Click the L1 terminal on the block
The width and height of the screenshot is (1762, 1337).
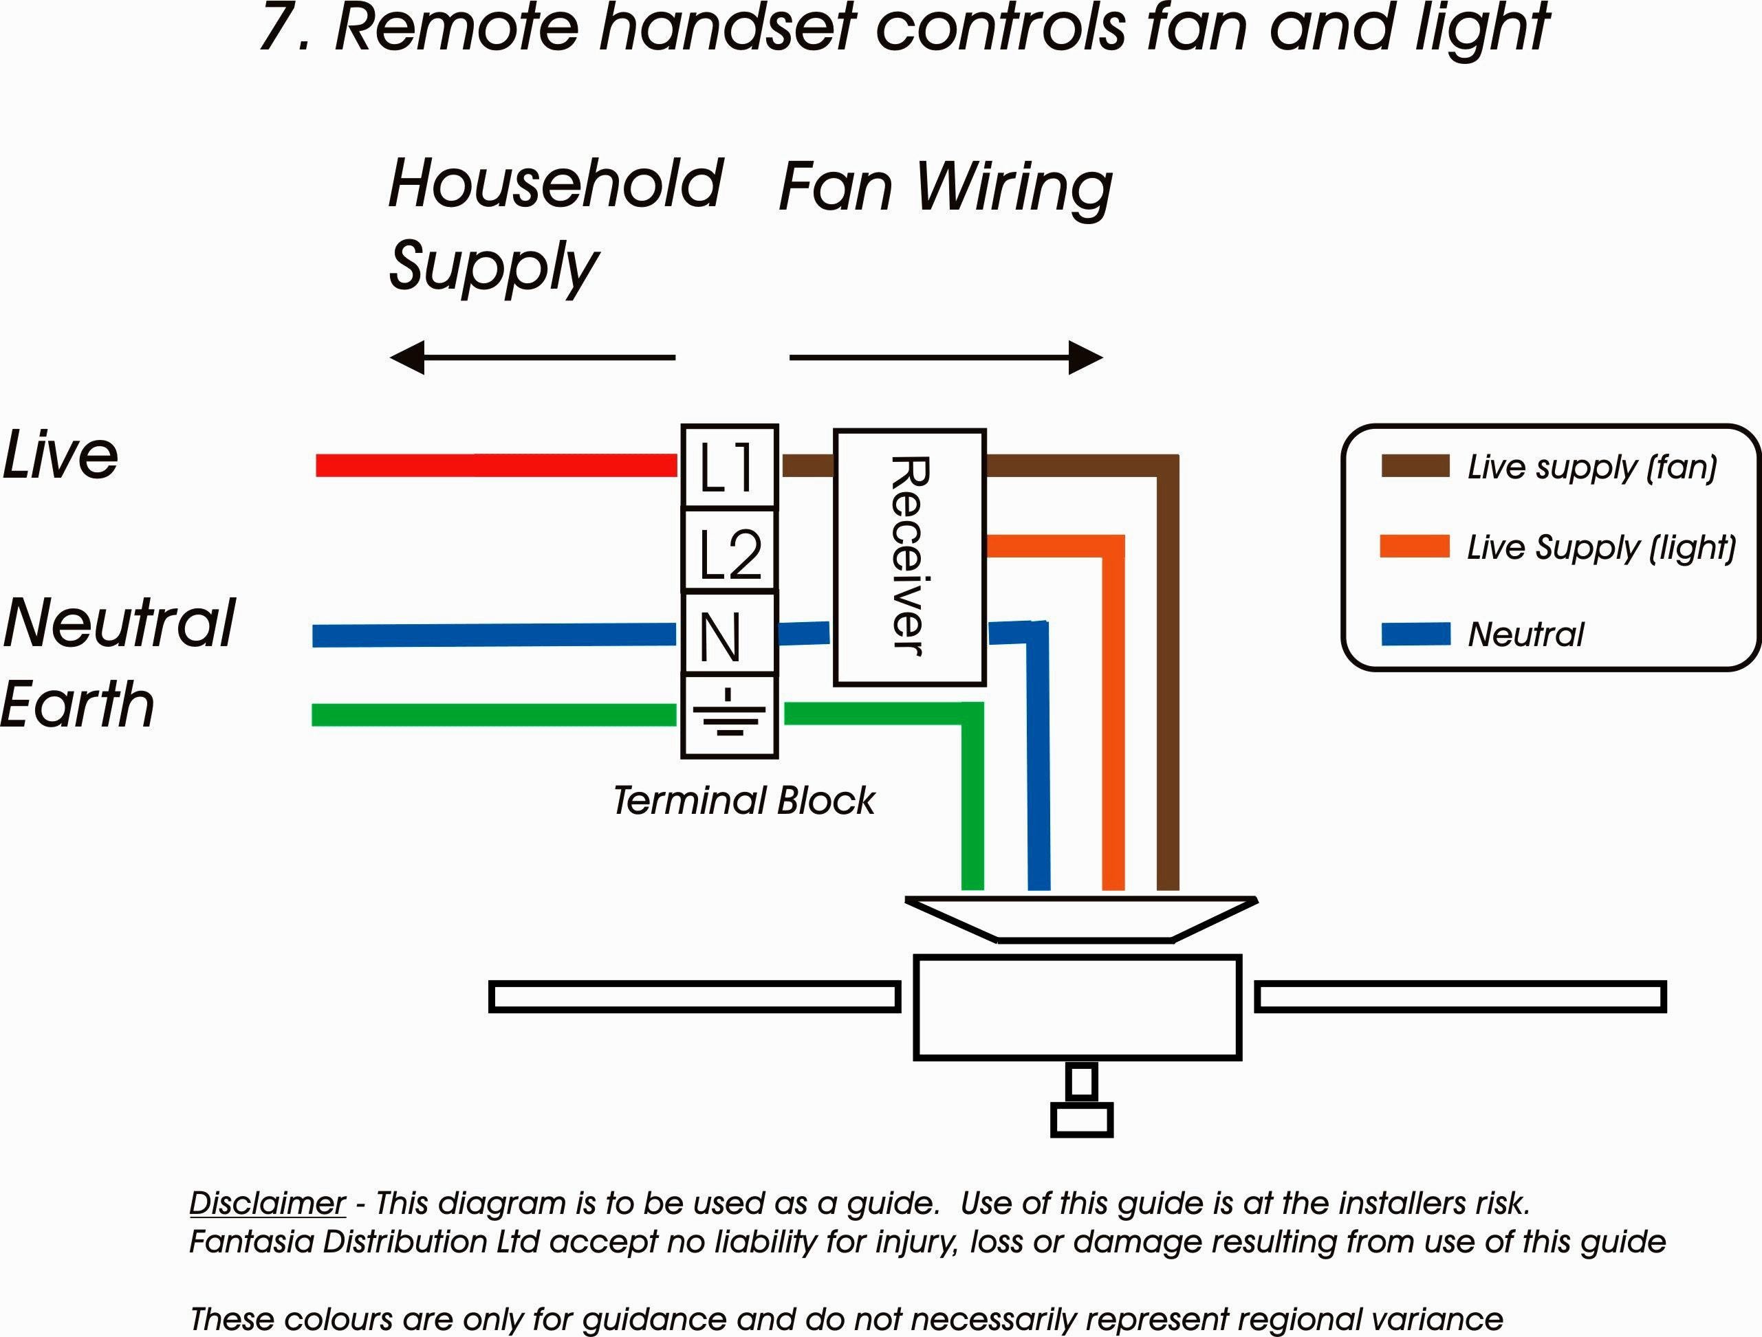click(x=729, y=467)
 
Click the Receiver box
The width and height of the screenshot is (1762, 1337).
click(x=910, y=557)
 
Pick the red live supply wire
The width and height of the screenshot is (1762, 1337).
click(x=497, y=465)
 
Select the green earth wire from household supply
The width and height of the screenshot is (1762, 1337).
click(x=494, y=714)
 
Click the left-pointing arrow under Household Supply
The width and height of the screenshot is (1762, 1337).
click(x=532, y=357)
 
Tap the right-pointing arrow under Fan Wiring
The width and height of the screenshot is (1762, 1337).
click(x=946, y=357)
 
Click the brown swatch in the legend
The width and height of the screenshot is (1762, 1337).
click(x=1415, y=467)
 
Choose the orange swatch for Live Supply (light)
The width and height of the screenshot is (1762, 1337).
click(x=1415, y=546)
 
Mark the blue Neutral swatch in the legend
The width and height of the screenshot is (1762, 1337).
click(x=1415, y=634)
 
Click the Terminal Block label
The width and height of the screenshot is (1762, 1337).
click(x=744, y=800)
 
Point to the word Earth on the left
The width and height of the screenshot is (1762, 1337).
click(x=77, y=705)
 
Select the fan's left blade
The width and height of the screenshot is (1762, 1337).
click(x=695, y=997)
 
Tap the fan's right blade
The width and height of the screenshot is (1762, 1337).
click(x=1460, y=997)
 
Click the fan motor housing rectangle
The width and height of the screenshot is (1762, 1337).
click(x=1078, y=1007)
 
